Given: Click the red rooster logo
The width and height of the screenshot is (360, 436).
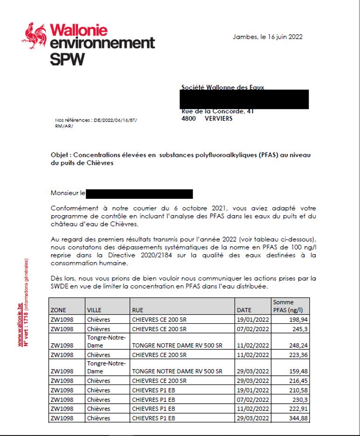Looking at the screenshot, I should [34, 35].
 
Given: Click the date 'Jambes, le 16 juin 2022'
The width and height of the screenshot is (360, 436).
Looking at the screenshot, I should [267, 37].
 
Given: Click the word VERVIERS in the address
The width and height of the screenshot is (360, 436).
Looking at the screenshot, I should [218, 118].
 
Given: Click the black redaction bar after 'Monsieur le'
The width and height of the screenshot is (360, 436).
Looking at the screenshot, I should [139, 194].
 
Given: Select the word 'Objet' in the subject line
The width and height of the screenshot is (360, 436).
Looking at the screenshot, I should [60, 155].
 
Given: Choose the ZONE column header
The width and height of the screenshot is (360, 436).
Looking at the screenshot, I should [58, 310].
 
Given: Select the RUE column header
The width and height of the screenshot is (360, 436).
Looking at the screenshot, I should [139, 310].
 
